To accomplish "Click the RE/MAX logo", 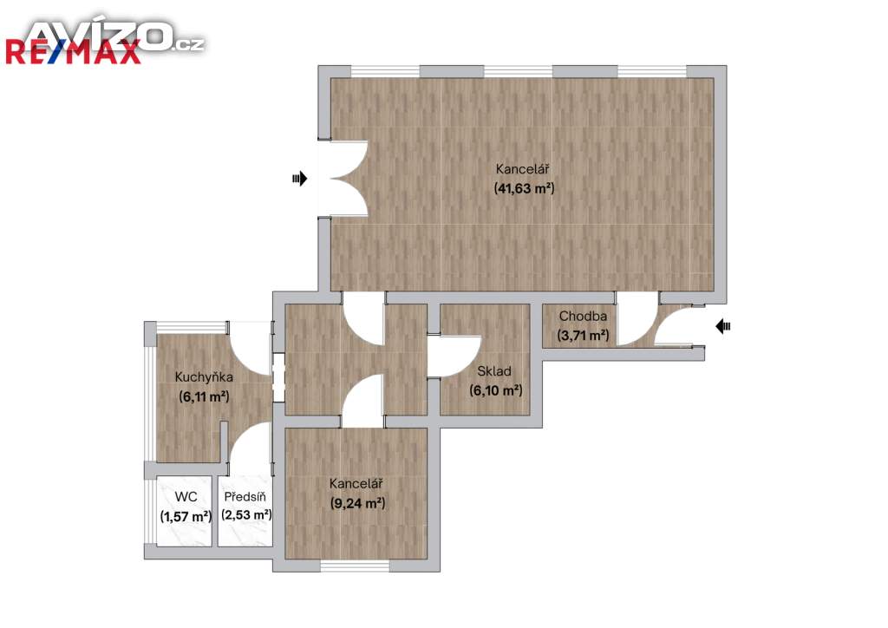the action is (74, 52).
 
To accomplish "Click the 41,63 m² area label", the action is (524, 188).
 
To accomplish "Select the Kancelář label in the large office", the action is (522, 169).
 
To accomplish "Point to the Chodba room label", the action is (583, 316).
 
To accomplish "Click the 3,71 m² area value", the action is (583, 335).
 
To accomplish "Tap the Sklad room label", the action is (493, 371).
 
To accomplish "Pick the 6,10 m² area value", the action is (495, 390).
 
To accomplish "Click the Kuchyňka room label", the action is (203, 376).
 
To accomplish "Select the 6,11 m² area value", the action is (204, 396).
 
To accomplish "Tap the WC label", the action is (186, 497).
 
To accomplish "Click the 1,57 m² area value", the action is (186, 516).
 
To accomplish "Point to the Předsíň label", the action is (245, 497).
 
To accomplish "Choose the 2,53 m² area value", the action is (246, 514).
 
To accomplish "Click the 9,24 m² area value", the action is (357, 503).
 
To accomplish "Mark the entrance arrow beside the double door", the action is (299, 179).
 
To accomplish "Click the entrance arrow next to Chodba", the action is (723, 326).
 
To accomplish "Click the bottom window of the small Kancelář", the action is (355, 566).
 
